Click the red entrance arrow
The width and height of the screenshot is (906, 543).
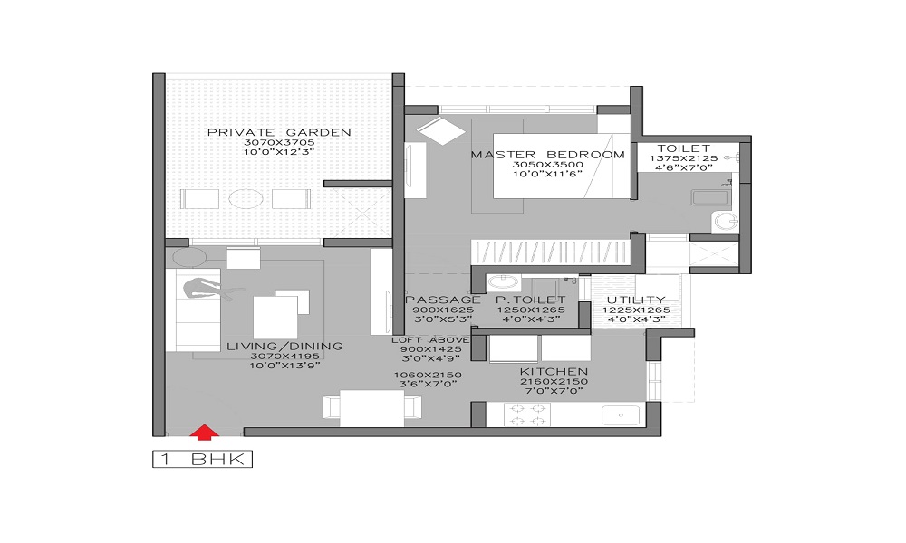pyautogui.click(x=204, y=433)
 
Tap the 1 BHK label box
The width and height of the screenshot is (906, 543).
pyautogui.click(x=203, y=460)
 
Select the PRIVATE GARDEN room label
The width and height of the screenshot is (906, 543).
pyautogui.click(x=279, y=132)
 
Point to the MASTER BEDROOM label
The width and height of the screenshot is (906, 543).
pyautogui.click(x=548, y=155)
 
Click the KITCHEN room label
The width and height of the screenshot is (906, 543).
pyautogui.click(x=554, y=372)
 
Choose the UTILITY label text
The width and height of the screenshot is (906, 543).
pyautogui.click(x=636, y=300)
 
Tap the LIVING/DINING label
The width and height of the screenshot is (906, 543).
pyautogui.click(x=284, y=347)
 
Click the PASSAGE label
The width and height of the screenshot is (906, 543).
pyautogui.click(x=443, y=300)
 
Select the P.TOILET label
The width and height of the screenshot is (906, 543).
pyautogui.click(x=531, y=300)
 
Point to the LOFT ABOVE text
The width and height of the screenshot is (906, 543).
pyautogui.click(x=430, y=340)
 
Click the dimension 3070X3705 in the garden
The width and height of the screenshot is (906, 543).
pyautogui.click(x=279, y=142)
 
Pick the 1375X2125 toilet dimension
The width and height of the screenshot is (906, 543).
pyautogui.click(x=683, y=158)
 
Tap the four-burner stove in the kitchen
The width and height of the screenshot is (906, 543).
pyautogui.click(x=527, y=414)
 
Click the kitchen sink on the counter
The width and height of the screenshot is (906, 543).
pyautogui.click(x=621, y=414)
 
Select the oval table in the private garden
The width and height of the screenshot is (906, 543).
pyautogui.click(x=246, y=199)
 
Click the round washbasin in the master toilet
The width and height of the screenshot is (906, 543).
pyautogui.click(x=725, y=221)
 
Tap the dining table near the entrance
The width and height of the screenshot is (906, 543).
pyautogui.click(x=372, y=408)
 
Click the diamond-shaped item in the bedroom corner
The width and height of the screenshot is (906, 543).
pyautogui.click(x=441, y=130)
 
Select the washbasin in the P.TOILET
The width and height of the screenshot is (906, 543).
pyautogui.click(x=502, y=282)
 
